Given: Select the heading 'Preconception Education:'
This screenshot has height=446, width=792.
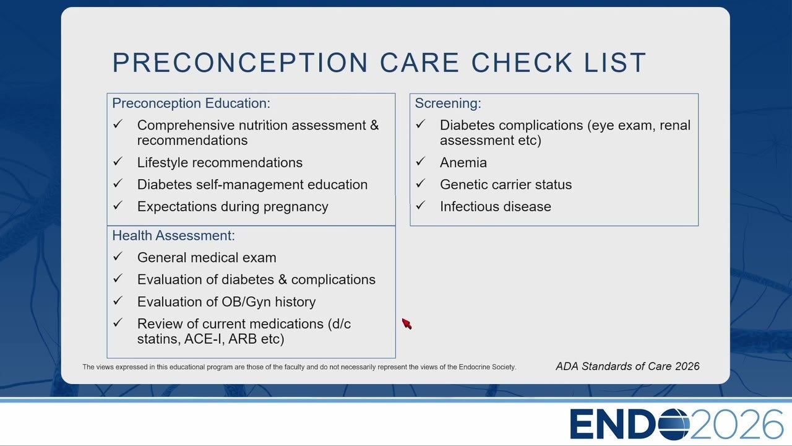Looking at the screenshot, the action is [191, 103].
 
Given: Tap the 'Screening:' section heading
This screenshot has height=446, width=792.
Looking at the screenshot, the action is [448, 103].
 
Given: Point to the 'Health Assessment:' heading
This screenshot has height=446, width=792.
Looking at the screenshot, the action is [174, 236].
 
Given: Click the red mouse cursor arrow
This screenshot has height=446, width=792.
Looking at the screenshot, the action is [407, 323].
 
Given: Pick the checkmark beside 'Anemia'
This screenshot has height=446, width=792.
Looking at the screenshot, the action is [420, 162].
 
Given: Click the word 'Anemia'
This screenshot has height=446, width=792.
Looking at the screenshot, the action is [463, 163].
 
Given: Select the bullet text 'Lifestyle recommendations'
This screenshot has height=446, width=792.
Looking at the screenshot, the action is [220, 163].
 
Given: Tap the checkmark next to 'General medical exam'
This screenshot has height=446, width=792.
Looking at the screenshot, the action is [118, 256].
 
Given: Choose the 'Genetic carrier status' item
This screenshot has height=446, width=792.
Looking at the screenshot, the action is [506, 185].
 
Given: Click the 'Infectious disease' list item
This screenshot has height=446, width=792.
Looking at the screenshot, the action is [496, 207].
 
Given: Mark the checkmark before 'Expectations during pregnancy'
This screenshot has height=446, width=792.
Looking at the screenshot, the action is [118, 206].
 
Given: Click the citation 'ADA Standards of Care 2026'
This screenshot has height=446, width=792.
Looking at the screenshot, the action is [627, 366].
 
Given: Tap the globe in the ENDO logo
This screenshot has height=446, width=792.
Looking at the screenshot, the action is [674, 424].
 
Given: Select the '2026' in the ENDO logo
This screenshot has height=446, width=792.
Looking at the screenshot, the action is [736, 424].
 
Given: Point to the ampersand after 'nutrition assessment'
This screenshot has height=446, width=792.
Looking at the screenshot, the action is [374, 125].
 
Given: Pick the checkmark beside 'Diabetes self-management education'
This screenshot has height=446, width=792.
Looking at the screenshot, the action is [118, 184].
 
